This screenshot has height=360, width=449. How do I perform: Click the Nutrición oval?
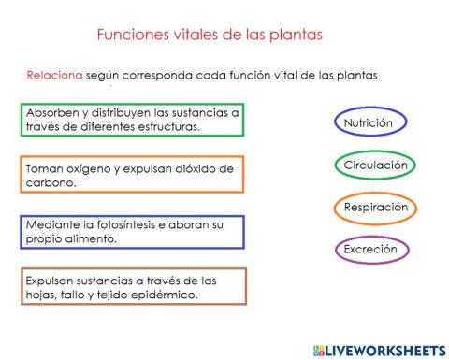click(x=374, y=122)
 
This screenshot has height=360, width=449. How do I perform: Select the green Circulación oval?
click(x=374, y=166)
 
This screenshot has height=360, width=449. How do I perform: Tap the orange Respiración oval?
click(x=374, y=208)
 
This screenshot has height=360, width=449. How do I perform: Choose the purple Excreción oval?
click(x=371, y=250)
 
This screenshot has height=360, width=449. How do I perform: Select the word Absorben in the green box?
click(x=51, y=112)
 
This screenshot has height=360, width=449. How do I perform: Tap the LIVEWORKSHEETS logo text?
click(x=380, y=349)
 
